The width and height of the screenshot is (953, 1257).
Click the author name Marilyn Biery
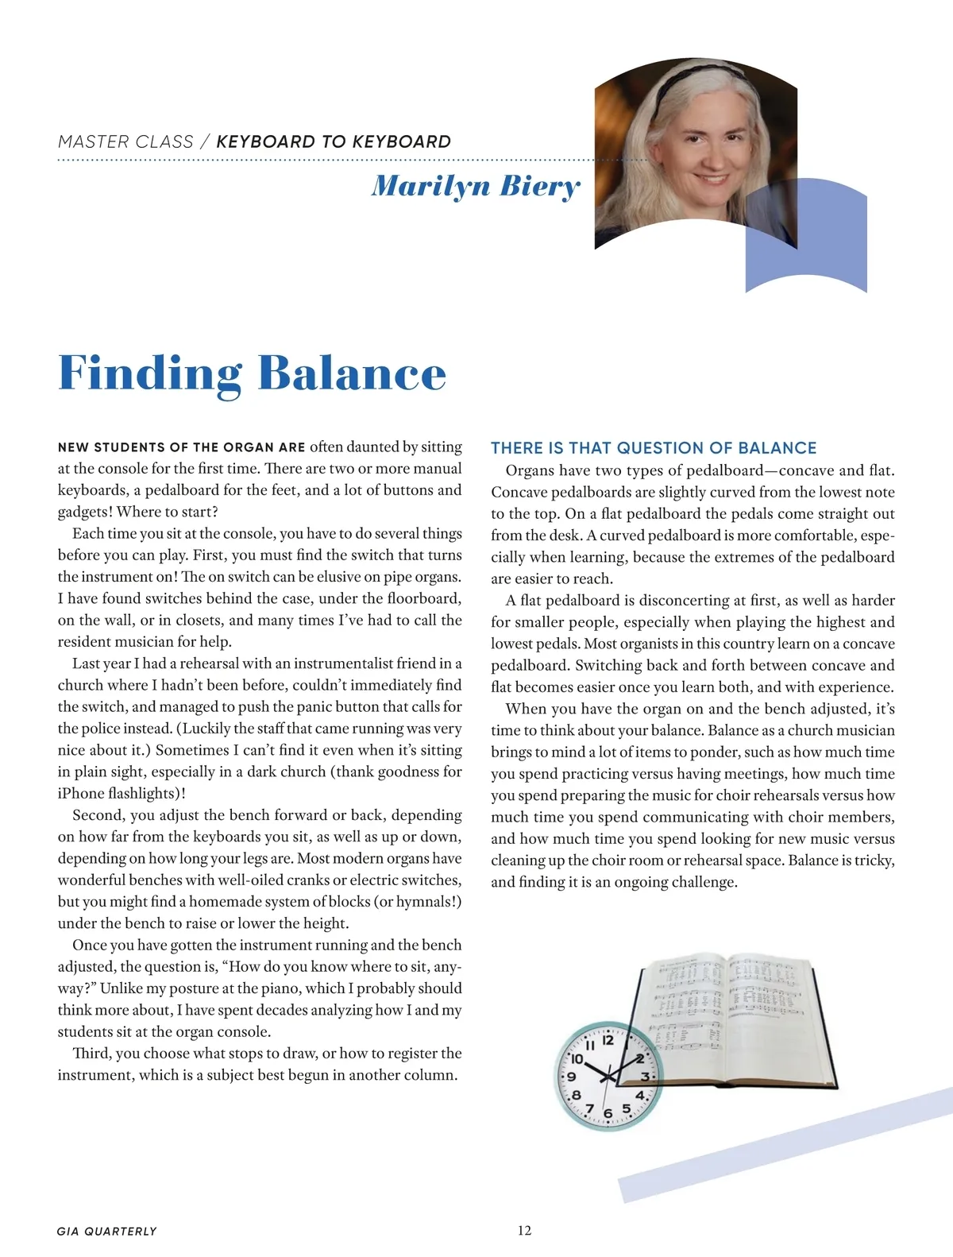point(476,186)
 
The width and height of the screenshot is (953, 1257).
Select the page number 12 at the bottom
point(524,1230)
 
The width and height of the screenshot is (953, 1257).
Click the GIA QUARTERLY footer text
point(107,1231)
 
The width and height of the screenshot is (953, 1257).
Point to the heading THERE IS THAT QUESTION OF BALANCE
point(654,448)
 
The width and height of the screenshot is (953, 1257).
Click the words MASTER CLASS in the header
point(125,142)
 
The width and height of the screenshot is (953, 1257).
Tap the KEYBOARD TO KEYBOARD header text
point(334,142)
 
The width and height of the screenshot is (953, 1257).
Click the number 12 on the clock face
point(608,1040)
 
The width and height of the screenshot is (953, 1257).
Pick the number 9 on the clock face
point(570,1077)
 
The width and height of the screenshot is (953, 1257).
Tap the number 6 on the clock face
point(608,1113)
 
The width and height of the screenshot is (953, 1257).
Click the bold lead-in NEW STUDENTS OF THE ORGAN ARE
point(181,447)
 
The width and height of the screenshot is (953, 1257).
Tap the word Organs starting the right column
point(531,470)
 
